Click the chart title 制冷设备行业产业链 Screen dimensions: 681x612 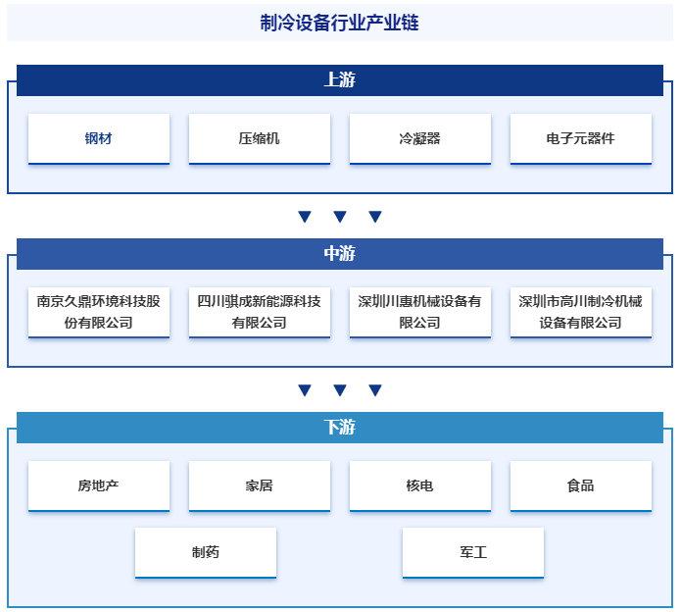[x=339, y=23]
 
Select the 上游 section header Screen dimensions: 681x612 [x=340, y=80]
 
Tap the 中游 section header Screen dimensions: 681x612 [x=340, y=253]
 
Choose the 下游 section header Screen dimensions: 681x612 [x=340, y=428]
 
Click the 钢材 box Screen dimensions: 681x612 [x=99, y=138]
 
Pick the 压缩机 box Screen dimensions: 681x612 [x=260, y=138]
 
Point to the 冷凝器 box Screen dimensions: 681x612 [x=420, y=138]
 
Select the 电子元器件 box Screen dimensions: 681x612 [x=581, y=138]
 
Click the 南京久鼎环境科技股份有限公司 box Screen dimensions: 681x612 [x=99, y=312]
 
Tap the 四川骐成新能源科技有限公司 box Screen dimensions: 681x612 [x=260, y=312]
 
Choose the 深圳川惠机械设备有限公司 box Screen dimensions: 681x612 [x=420, y=312]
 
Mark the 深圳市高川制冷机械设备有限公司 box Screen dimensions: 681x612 [x=581, y=312]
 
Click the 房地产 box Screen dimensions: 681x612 [x=99, y=485]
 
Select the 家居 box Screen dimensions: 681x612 [x=260, y=485]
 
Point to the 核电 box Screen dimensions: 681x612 [x=420, y=485]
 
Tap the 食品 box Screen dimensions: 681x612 [x=581, y=485]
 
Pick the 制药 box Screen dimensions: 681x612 [x=206, y=552]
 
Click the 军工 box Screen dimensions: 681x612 [x=473, y=552]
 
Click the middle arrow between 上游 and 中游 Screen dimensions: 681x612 [x=340, y=217]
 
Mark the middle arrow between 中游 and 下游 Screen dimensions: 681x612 [x=340, y=390]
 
